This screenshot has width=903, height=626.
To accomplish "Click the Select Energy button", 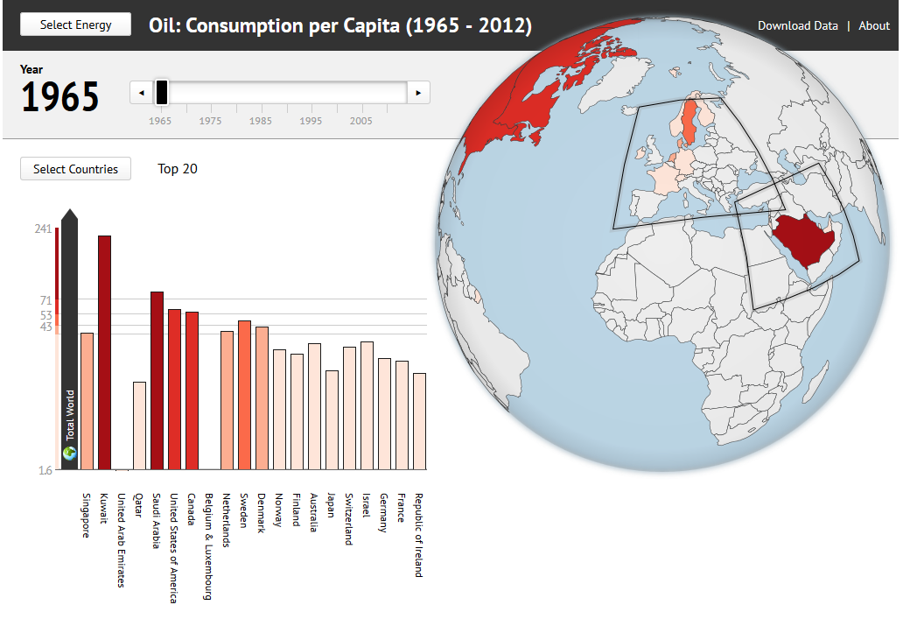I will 75,25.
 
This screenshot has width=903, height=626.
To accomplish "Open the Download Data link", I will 797,25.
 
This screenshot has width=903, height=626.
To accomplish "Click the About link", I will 873,25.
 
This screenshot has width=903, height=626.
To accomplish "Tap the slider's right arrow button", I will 419,92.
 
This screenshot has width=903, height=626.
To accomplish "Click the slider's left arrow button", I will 140,92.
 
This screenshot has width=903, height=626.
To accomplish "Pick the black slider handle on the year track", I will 162,92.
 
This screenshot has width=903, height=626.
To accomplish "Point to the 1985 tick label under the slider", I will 260,121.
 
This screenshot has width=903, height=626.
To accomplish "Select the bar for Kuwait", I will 105,352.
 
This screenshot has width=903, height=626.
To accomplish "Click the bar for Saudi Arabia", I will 157,380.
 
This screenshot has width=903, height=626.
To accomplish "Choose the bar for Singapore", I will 87,401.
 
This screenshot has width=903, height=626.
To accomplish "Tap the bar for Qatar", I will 140,426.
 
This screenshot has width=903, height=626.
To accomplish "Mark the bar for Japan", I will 332,419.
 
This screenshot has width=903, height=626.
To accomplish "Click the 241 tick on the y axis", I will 43,229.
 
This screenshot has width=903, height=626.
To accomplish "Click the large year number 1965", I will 60,97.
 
